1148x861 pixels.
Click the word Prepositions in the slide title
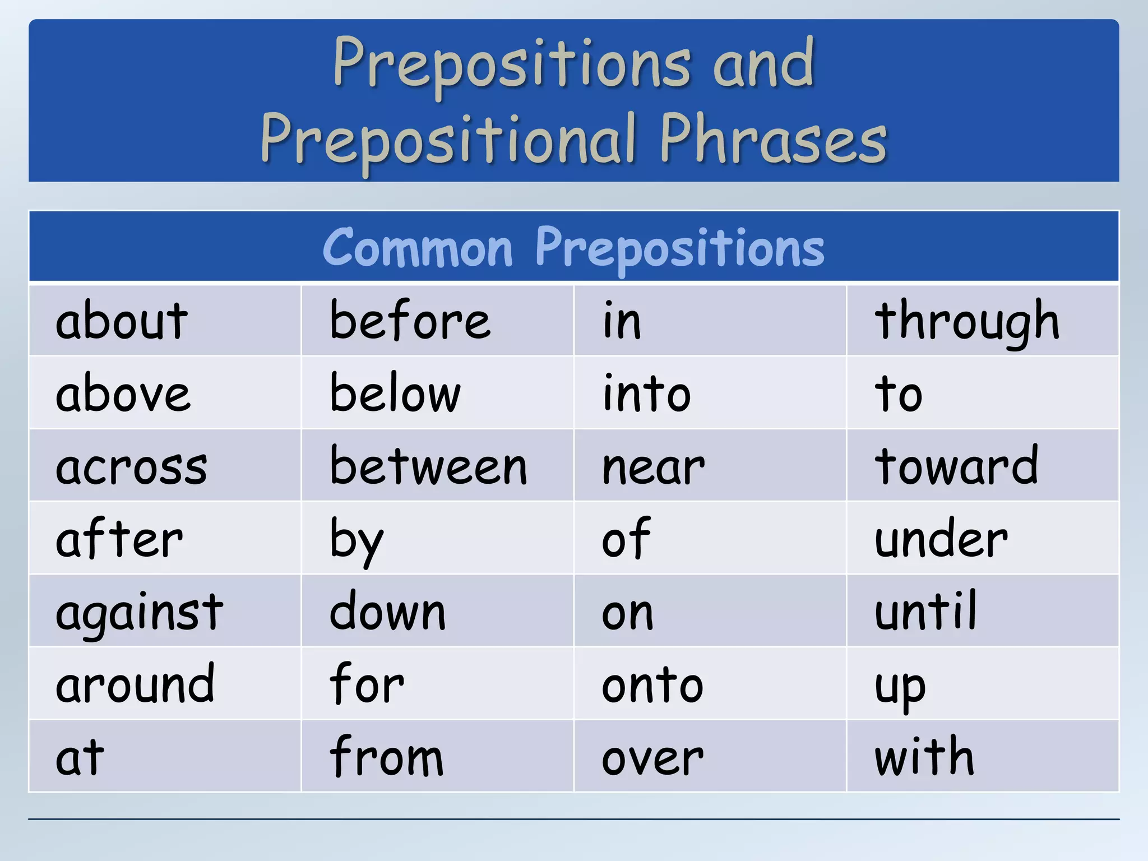(511, 64)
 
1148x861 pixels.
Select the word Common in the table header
(418, 248)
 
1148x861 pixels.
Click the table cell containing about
(122, 321)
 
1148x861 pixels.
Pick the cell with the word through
(967, 321)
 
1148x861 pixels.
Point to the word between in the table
(428, 466)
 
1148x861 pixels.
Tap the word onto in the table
(652, 685)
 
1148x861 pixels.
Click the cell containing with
(924, 757)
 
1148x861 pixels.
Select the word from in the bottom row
(386, 757)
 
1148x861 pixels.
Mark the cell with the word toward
(956, 466)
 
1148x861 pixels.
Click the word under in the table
(941, 539)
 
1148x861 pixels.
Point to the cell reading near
(653, 466)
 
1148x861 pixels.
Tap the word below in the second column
(395, 394)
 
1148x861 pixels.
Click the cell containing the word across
(131, 467)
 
